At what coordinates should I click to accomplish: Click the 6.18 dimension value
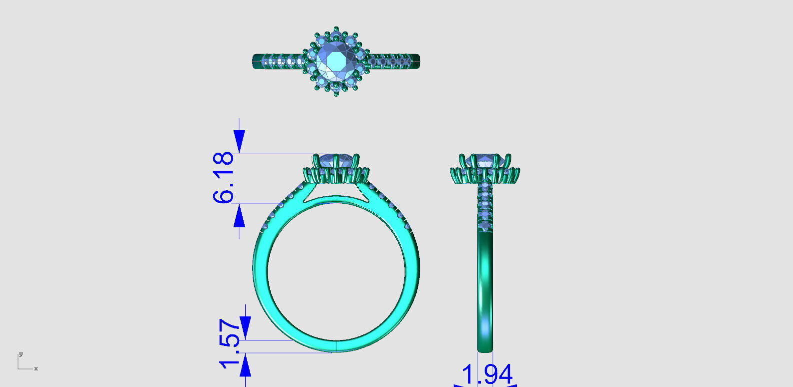click(x=223, y=178)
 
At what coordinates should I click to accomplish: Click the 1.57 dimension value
click(x=230, y=343)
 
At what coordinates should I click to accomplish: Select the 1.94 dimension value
click(x=487, y=374)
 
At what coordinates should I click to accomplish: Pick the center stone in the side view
click(x=485, y=161)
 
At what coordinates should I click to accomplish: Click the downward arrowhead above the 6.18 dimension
click(x=239, y=141)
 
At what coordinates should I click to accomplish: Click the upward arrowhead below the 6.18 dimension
click(x=239, y=217)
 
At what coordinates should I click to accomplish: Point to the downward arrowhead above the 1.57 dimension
click(x=245, y=328)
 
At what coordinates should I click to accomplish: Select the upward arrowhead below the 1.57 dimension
click(x=245, y=367)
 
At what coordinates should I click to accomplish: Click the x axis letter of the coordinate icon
click(x=36, y=368)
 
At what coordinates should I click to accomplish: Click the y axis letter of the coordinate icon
click(x=21, y=354)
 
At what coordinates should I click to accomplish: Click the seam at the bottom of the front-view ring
click(x=336, y=346)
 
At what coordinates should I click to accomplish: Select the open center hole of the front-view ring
click(x=336, y=270)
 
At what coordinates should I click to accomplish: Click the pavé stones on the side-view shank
click(x=485, y=205)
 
